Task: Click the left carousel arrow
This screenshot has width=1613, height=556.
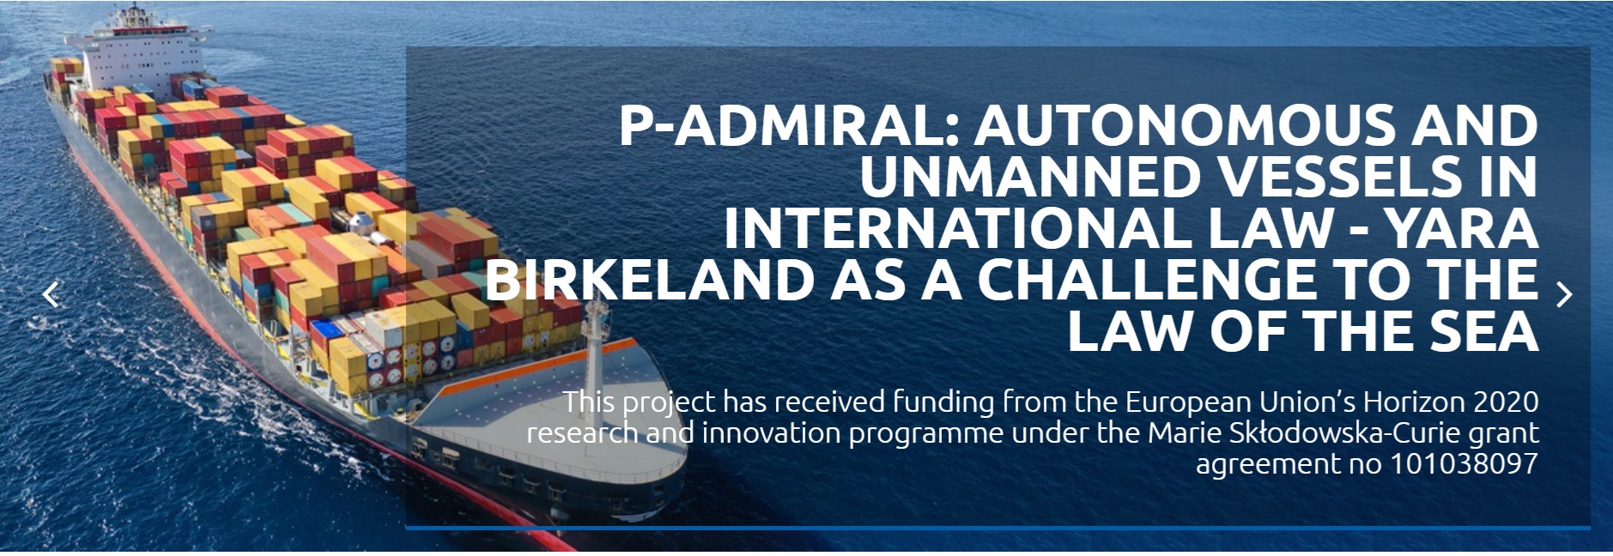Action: click(52, 294)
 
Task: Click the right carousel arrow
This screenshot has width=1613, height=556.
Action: click(1564, 294)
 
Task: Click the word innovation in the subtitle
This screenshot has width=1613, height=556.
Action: click(773, 432)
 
